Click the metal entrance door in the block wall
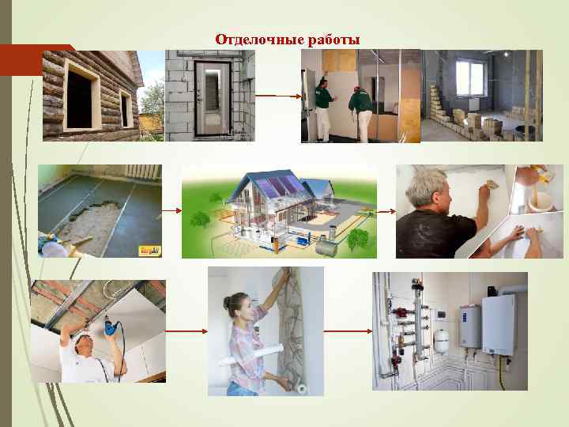tap(210, 96)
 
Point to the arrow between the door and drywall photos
tap(277, 96)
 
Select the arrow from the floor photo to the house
tap(171, 210)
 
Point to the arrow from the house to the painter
tap(386, 211)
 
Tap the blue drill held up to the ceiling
tap(109, 325)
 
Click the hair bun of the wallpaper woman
tap(228, 300)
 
